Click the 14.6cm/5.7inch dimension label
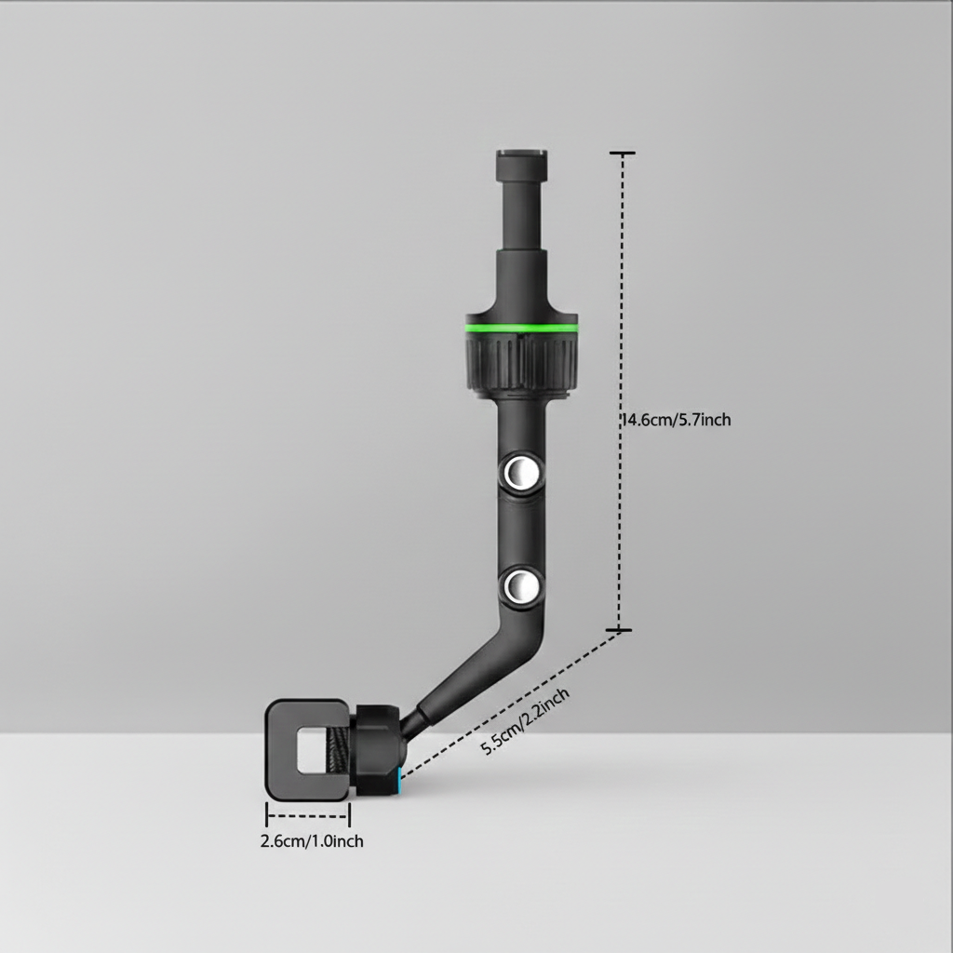click(x=677, y=420)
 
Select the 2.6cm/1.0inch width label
click(x=311, y=841)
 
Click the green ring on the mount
click(x=521, y=328)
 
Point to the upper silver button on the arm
click(x=519, y=474)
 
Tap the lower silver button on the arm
click(x=519, y=588)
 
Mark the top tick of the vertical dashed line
click(x=622, y=153)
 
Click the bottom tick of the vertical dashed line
click(x=620, y=631)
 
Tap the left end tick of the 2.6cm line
click(x=267, y=816)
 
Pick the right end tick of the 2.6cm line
click(x=350, y=816)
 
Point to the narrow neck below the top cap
click(x=520, y=214)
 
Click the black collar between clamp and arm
click(x=377, y=750)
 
